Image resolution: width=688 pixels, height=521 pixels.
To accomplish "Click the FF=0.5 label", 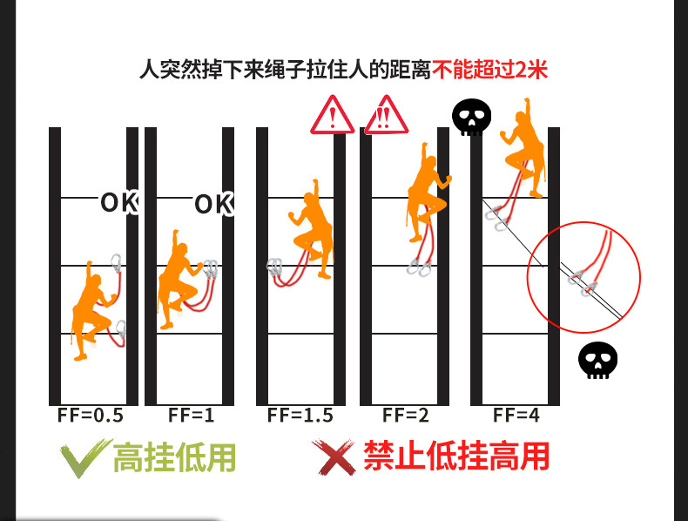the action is point(91,416).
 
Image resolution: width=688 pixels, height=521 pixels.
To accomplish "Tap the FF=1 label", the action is point(191,416).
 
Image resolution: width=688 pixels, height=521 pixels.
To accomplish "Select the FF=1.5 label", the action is point(300,416).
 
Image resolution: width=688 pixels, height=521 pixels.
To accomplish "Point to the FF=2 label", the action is point(406,416).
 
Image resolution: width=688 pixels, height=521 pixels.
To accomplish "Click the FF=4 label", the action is point(516,416).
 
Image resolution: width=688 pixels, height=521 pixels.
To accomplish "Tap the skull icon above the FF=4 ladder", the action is point(471,118).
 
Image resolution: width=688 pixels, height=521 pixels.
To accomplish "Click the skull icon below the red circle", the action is point(597,361).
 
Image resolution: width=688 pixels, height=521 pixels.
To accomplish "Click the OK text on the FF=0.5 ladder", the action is point(119,202).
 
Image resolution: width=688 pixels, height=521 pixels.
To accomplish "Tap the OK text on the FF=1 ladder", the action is point(213,205).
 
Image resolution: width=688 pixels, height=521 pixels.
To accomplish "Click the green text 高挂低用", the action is point(174,457).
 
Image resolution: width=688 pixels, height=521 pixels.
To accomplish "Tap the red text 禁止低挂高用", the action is point(455,456).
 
